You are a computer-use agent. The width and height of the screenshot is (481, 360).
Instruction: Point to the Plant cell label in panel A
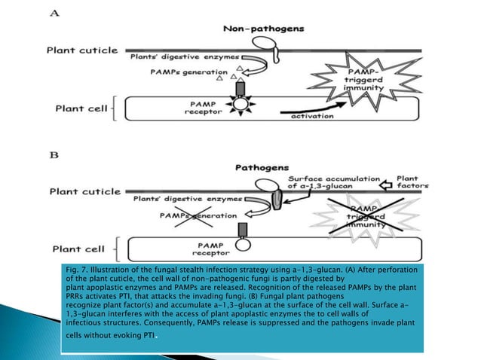coord(75,108)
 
